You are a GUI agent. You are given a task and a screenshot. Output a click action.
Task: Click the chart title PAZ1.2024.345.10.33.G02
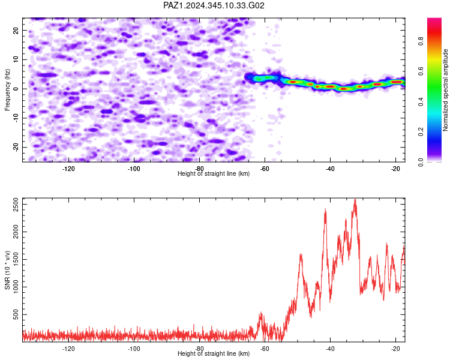(x=214, y=5)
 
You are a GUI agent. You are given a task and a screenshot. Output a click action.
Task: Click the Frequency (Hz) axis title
(x=7, y=90)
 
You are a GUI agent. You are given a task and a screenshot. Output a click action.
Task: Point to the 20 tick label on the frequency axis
(x=16, y=31)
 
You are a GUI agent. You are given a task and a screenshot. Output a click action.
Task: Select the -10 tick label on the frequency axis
(x=16, y=118)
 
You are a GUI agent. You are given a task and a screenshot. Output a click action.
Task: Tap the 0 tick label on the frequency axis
(x=16, y=89)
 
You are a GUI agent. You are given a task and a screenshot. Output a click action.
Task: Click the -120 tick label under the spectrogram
(x=68, y=169)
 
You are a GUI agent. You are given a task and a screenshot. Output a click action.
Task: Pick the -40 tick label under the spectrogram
(x=330, y=169)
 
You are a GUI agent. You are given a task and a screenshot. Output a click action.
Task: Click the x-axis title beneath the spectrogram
(x=214, y=173)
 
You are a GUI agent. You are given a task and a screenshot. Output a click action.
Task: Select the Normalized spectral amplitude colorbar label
(x=445, y=90)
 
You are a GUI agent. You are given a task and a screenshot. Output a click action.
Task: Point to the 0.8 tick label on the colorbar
(x=421, y=41)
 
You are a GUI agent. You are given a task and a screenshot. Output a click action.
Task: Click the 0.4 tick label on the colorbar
(x=421, y=101)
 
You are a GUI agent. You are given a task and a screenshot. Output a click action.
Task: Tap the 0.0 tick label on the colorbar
(x=421, y=162)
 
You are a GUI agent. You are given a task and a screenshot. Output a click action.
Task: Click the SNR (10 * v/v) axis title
(x=7, y=270)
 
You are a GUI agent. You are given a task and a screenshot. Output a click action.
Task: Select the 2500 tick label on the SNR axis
(x=16, y=205)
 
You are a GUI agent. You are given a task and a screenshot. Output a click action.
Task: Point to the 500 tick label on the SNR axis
(x=16, y=314)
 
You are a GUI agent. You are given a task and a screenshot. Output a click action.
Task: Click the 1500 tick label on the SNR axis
(x=16, y=260)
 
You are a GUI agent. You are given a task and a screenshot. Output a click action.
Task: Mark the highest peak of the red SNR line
(x=355, y=199)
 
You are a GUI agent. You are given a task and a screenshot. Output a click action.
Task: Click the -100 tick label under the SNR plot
(x=134, y=349)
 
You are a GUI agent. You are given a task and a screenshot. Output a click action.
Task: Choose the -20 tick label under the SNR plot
(x=395, y=349)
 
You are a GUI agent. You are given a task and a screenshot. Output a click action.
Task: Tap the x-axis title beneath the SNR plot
(x=214, y=353)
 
